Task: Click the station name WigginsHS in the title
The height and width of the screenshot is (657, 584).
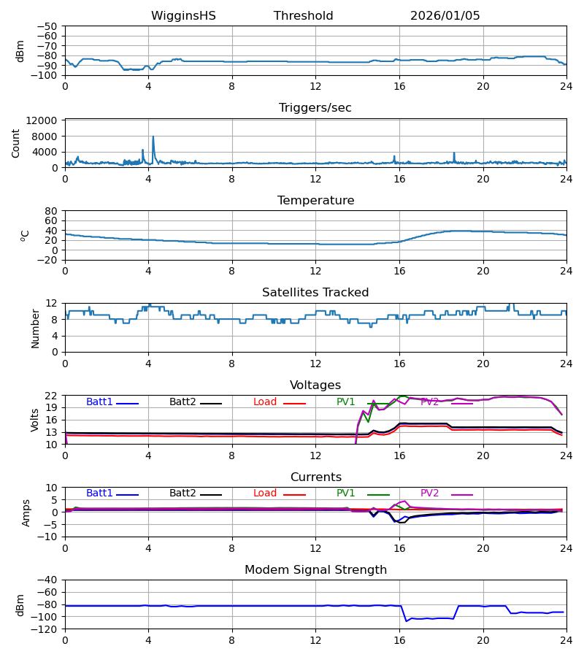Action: coord(183,16)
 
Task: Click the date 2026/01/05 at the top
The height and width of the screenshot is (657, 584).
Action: coord(445,16)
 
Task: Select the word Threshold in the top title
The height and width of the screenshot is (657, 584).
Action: coord(303,16)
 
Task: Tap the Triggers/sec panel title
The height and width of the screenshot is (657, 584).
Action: coord(315,108)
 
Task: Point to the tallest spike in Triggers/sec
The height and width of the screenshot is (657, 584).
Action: coord(153,137)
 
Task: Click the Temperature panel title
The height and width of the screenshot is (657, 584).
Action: coord(315,201)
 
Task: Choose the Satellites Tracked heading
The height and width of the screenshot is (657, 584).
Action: coord(315,293)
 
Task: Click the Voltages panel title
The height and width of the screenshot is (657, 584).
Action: coord(315,385)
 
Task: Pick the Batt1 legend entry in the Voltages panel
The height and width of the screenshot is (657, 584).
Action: coord(99,402)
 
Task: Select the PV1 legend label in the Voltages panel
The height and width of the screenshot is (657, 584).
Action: coord(345,402)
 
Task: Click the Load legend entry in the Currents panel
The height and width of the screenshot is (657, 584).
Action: coord(266,493)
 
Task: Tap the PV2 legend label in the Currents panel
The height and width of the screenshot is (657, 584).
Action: coord(429,493)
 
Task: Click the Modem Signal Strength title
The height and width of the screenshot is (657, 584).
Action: coord(315,570)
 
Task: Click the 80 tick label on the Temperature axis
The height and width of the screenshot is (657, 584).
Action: coord(51,211)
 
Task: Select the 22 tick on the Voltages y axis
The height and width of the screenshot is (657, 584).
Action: coord(51,396)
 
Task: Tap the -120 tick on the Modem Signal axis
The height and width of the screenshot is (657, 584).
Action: coord(45,629)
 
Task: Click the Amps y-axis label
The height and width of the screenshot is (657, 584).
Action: coord(28,512)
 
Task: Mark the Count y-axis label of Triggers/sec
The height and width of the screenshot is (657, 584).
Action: coord(16,143)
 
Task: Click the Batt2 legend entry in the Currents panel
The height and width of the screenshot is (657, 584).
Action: coord(182,493)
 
